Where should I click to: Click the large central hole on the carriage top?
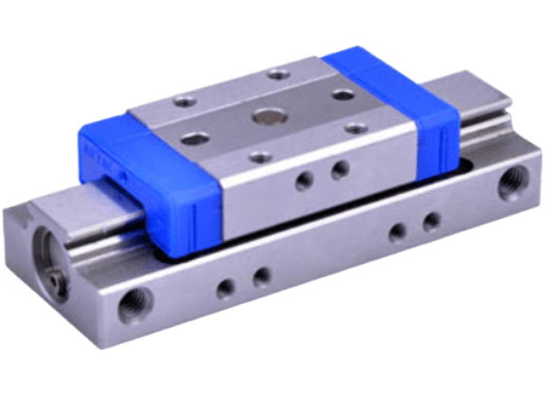tap(262, 115)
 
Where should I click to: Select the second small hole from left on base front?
tap(259, 276)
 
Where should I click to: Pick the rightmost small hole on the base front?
tap(431, 221)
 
